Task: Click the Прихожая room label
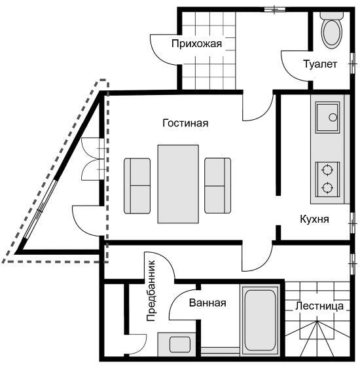[196, 44]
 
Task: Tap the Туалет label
[320, 64]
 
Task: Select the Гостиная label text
[185, 123]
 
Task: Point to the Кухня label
[314, 219]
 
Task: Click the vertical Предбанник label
[151, 291]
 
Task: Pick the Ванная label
[207, 303]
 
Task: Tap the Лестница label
[319, 306]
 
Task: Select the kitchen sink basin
[327, 117]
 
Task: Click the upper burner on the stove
[327, 170]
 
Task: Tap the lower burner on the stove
[327, 188]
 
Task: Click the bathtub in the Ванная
[261, 320]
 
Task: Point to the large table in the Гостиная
[178, 184]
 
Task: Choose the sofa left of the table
[137, 186]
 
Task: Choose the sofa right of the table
[218, 185]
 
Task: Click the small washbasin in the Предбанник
[180, 344]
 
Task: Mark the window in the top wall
[275, 9]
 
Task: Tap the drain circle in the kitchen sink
[333, 117]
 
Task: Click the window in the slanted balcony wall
[41, 210]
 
